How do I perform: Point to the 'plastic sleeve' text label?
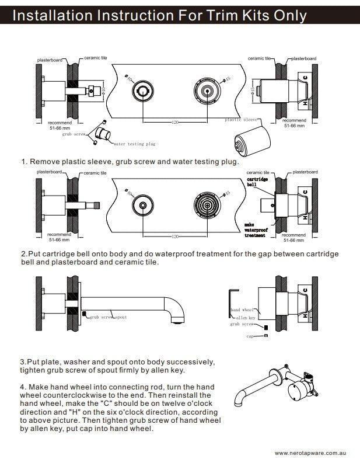tap(241, 119)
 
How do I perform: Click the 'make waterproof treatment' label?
tap(255, 230)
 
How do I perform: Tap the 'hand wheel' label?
tap(242, 309)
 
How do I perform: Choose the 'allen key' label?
tap(245, 317)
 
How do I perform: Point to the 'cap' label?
tap(249, 336)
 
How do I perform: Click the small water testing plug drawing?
tap(104, 135)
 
